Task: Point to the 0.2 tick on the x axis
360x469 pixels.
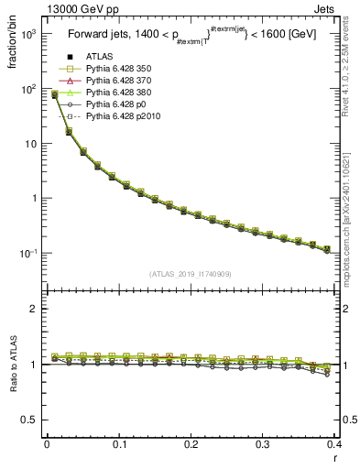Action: [191, 445]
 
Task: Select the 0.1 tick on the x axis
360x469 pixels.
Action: [118, 445]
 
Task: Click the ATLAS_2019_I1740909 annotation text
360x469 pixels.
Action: [191, 274]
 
